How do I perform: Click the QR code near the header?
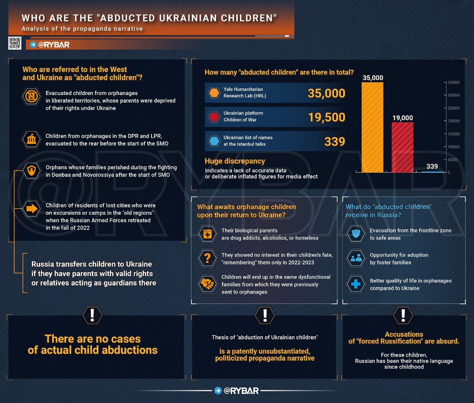(x=15, y=43)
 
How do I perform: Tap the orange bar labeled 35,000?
(x=372, y=127)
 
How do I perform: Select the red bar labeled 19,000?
(x=402, y=147)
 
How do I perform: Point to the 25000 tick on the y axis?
(x=453, y=108)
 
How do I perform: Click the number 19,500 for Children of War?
(x=327, y=117)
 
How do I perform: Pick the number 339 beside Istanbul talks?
(x=334, y=141)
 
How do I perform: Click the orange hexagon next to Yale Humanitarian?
(x=214, y=93)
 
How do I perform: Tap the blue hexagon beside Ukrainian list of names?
(x=214, y=141)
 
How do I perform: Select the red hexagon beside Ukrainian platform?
(x=214, y=117)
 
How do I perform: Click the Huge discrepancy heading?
(x=235, y=161)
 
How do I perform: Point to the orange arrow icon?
(x=32, y=209)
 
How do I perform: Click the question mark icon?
(x=208, y=258)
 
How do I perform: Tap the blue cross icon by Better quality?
(x=356, y=284)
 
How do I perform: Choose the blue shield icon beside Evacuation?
(x=356, y=234)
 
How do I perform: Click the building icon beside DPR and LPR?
(x=31, y=140)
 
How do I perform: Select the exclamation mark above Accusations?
(x=403, y=315)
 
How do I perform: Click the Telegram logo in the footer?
(x=218, y=391)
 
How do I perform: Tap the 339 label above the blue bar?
(x=432, y=166)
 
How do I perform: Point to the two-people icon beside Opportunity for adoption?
(x=356, y=258)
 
